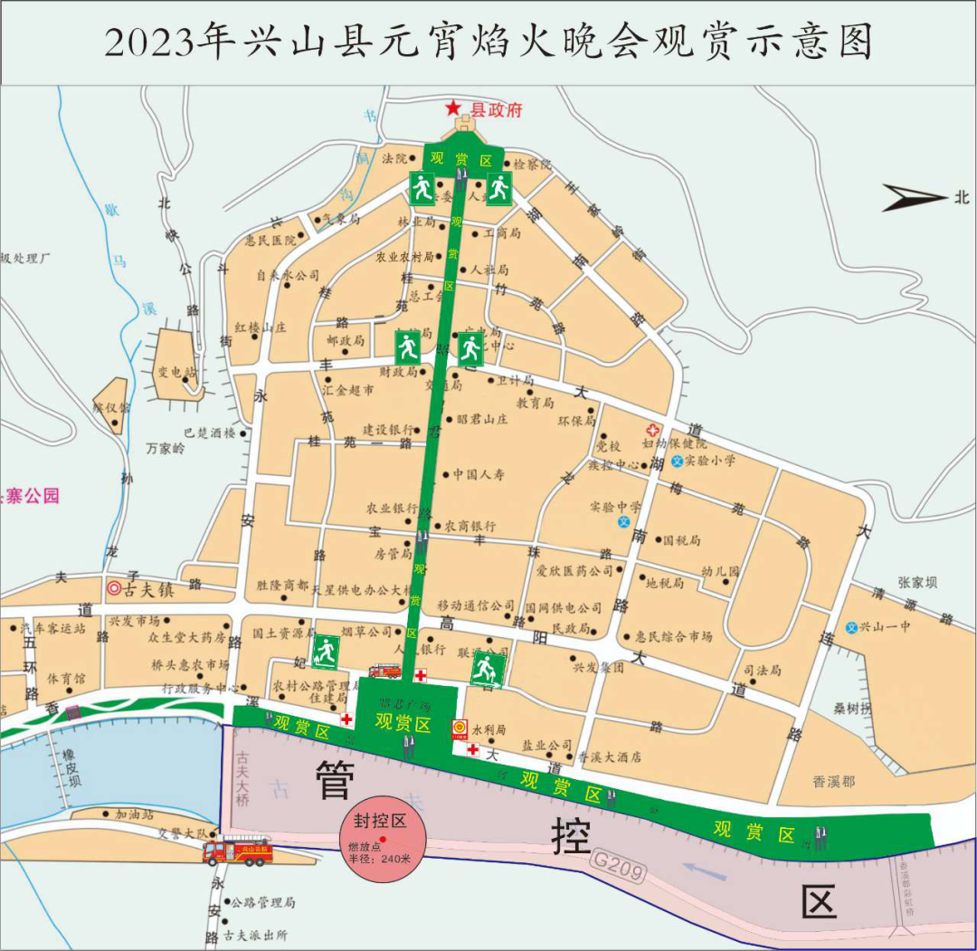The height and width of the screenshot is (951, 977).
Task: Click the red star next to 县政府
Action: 453,108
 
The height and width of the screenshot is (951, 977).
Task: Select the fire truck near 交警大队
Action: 237,851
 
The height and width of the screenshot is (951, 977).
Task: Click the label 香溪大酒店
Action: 609,757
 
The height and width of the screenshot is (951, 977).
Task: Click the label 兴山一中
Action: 884,627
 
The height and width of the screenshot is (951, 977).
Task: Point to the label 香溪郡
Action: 833,781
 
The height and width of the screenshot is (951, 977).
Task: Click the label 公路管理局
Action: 262,903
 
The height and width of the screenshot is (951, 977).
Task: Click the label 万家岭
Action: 166,448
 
